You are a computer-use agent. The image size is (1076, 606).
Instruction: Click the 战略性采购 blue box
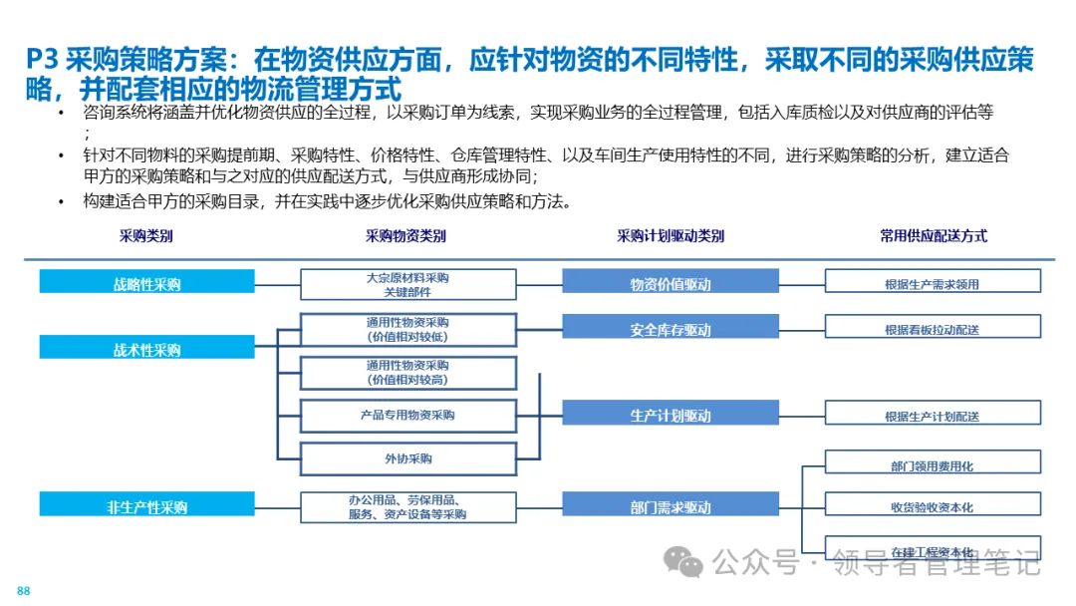coord(147,283)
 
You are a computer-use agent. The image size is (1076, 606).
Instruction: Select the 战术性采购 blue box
coord(147,350)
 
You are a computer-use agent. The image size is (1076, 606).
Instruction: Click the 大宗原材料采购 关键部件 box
coord(408,284)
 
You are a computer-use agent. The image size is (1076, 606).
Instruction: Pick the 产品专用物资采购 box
coord(408,415)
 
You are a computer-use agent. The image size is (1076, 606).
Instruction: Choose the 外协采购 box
coord(408,458)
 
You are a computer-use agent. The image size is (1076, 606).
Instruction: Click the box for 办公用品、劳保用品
coord(408,507)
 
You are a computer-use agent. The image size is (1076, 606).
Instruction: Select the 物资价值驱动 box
coord(671,283)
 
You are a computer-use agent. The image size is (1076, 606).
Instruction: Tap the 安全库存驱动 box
coord(671,329)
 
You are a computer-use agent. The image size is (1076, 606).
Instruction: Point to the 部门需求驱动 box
coord(671,507)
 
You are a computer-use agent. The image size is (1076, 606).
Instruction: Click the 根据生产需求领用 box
coord(933,283)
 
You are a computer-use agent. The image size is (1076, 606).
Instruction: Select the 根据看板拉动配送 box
coord(933,329)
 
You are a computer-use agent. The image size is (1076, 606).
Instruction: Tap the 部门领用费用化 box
coord(933,465)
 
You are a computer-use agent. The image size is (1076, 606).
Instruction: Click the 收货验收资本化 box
coord(933,507)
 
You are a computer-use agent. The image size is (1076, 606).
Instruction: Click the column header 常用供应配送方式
coord(934,236)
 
